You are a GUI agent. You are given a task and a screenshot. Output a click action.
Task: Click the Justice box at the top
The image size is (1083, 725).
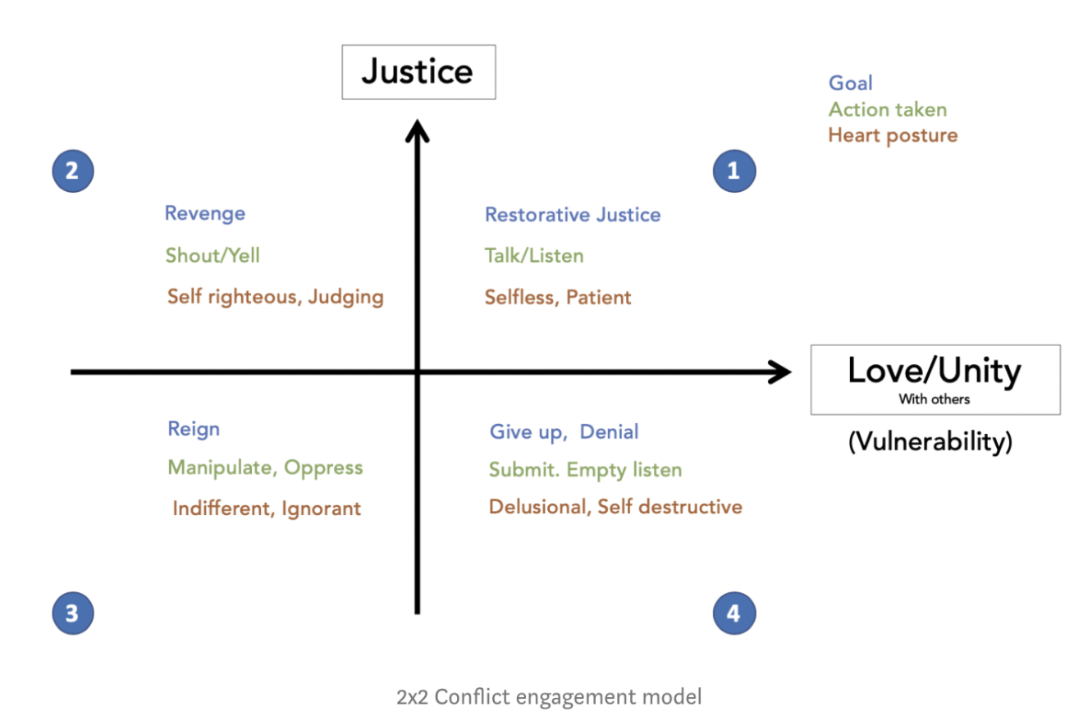pyautogui.click(x=418, y=72)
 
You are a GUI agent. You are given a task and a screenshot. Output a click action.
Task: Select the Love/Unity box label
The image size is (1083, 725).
pyautogui.click(x=934, y=379)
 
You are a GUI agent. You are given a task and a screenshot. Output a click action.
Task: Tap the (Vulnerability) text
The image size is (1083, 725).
pyautogui.click(x=930, y=442)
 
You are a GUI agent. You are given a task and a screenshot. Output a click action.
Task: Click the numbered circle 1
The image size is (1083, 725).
pyautogui.click(x=733, y=171)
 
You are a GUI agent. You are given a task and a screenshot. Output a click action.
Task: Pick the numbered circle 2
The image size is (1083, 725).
pyautogui.click(x=72, y=171)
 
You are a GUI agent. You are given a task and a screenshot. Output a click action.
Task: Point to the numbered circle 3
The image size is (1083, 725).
pyautogui.click(x=72, y=613)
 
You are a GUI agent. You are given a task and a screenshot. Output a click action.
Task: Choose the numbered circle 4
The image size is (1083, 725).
pyautogui.click(x=733, y=613)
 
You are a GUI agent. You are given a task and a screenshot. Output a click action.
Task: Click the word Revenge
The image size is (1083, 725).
pyautogui.click(x=205, y=213)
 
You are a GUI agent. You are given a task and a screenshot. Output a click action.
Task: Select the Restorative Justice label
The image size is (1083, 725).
pyautogui.click(x=573, y=215)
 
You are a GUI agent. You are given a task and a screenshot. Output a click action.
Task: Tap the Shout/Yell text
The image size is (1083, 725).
pyautogui.click(x=212, y=255)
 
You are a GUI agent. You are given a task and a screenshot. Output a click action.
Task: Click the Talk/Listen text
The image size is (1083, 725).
pyautogui.click(x=534, y=256)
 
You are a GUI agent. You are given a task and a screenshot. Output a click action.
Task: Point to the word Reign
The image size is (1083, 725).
pyautogui.click(x=194, y=429)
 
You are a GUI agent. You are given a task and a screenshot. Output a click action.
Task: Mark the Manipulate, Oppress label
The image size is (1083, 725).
pyautogui.click(x=265, y=467)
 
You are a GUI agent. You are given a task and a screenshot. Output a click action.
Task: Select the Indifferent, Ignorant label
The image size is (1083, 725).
pyautogui.click(x=267, y=508)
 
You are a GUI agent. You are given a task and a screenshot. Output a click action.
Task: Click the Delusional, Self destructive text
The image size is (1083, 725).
pyautogui.click(x=615, y=507)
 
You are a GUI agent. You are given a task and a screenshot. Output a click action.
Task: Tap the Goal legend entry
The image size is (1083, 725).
pyautogui.click(x=850, y=83)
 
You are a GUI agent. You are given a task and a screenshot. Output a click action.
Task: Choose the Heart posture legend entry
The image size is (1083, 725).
pyautogui.click(x=893, y=135)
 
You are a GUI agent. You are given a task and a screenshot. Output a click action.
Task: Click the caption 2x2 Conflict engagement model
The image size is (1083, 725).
pyautogui.click(x=549, y=697)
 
